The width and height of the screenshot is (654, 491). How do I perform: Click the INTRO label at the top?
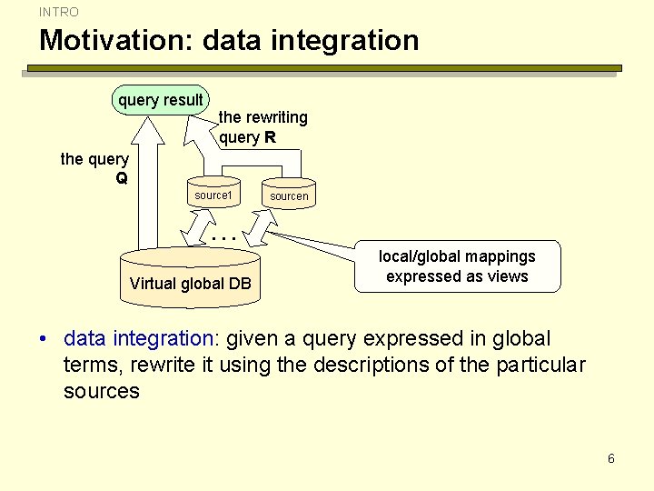coord(59,12)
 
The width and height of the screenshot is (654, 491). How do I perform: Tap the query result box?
coord(161,100)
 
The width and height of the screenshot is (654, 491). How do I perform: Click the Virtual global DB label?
coord(190,283)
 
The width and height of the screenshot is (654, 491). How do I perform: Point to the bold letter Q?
coord(122,177)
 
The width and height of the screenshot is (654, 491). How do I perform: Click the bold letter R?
coord(270,137)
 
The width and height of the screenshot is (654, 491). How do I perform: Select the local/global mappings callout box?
coord(457,266)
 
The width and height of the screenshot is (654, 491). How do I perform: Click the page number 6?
coord(611,458)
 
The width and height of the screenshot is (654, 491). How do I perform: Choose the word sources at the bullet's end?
coord(102,391)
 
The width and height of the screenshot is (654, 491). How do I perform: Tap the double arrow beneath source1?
coord(197,225)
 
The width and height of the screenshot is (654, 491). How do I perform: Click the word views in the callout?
coord(508,276)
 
